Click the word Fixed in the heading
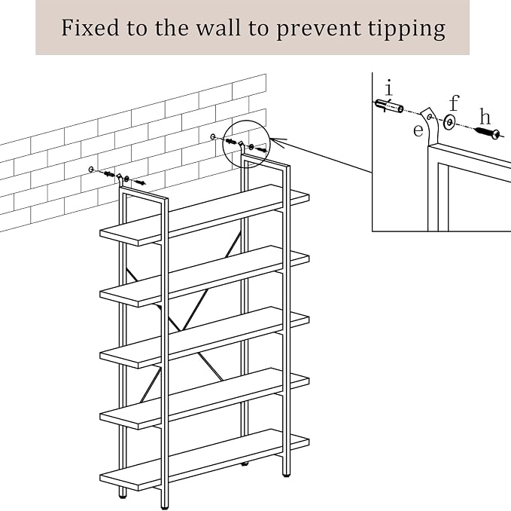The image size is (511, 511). tap(90, 28)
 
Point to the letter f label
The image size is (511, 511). tap(455, 103)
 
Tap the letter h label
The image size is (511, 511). tap(485, 117)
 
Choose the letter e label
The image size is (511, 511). tap(418, 130)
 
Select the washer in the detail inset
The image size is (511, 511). tap(450, 122)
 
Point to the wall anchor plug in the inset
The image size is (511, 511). tap(389, 106)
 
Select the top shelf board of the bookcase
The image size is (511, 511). tap(205, 215)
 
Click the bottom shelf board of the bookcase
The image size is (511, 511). tap(205, 460)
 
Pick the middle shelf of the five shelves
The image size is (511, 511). tap(205, 337)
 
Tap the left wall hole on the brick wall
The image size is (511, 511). tap(91, 169)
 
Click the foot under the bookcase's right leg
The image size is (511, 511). tap(286, 475)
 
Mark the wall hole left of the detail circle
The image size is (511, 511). tap(213, 136)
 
